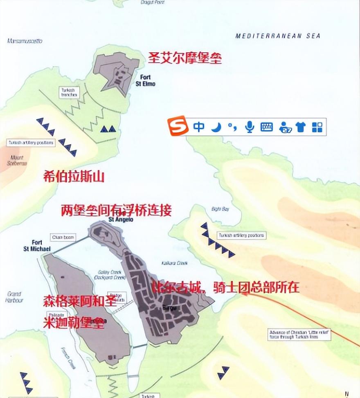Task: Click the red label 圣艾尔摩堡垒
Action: click(185, 58)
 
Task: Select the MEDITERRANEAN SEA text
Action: click(278, 36)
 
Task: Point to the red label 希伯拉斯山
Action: click(74, 176)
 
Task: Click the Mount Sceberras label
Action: click(17, 160)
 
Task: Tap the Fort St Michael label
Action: click(37, 246)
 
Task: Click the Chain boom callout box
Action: click(63, 237)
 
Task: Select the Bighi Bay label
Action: click(220, 209)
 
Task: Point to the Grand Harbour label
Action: click(15, 297)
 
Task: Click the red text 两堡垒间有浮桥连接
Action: click(116, 210)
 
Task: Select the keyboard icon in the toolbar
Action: click(266, 127)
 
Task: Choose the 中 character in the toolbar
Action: click(199, 127)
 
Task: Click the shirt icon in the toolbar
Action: click(301, 127)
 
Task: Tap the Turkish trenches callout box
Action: click(69, 92)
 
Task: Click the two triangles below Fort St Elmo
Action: click(108, 130)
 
